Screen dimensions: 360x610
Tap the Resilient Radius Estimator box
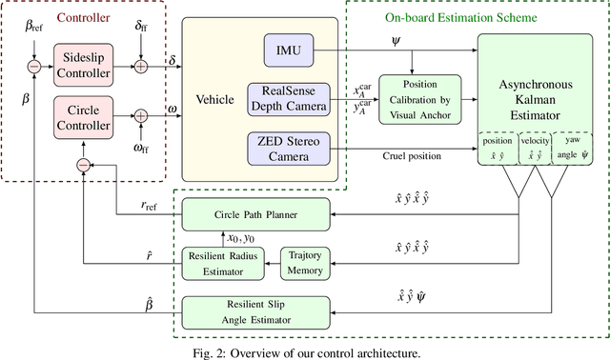222,263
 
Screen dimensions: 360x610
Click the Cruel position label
412,156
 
